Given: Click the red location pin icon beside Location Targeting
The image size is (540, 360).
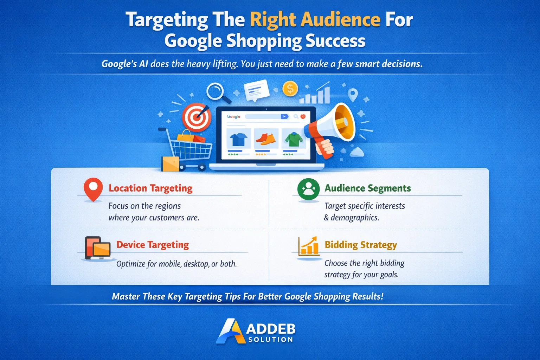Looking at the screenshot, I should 93,188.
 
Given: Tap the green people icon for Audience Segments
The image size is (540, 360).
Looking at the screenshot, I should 308,189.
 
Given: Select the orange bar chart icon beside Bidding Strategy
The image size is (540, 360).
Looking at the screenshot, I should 308,246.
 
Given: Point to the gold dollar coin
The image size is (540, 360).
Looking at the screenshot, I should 290,89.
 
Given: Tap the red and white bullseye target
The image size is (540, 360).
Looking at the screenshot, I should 196,117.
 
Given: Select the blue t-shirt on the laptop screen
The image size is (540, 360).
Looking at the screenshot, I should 238,139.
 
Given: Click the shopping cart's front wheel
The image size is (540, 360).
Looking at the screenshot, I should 202,168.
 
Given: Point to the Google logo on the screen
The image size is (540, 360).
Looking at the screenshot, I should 233,117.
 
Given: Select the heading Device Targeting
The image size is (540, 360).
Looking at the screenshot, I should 153,245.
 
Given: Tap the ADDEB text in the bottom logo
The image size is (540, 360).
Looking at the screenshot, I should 270,329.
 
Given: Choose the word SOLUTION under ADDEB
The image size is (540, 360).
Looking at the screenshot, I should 270,340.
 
